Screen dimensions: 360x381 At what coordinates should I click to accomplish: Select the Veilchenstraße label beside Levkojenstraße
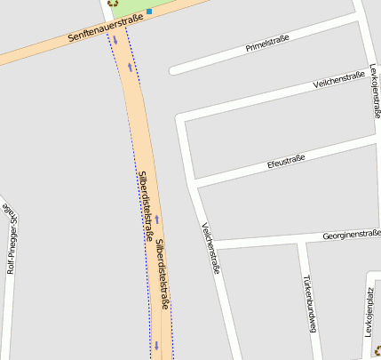click(339, 82)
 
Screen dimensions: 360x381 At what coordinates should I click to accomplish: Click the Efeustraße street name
click(286, 162)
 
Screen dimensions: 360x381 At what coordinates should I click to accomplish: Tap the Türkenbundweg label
click(309, 302)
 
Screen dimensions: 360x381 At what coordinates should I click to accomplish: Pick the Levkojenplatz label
click(368, 312)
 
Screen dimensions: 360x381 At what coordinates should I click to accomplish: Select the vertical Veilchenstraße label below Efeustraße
click(210, 248)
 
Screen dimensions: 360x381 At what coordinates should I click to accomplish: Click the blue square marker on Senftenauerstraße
click(149, 12)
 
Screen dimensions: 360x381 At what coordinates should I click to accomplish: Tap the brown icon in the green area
click(112, 3)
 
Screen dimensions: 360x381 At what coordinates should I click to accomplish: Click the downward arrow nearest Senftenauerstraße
click(115, 40)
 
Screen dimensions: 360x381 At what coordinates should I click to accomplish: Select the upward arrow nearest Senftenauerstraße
click(130, 66)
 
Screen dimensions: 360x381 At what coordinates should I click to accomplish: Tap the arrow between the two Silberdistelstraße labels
click(157, 219)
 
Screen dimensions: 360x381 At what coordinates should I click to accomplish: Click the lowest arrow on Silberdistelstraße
click(156, 346)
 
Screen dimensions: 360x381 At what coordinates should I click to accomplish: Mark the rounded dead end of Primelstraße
click(173, 70)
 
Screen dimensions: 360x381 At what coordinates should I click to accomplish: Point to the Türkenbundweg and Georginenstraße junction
click(302, 241)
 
